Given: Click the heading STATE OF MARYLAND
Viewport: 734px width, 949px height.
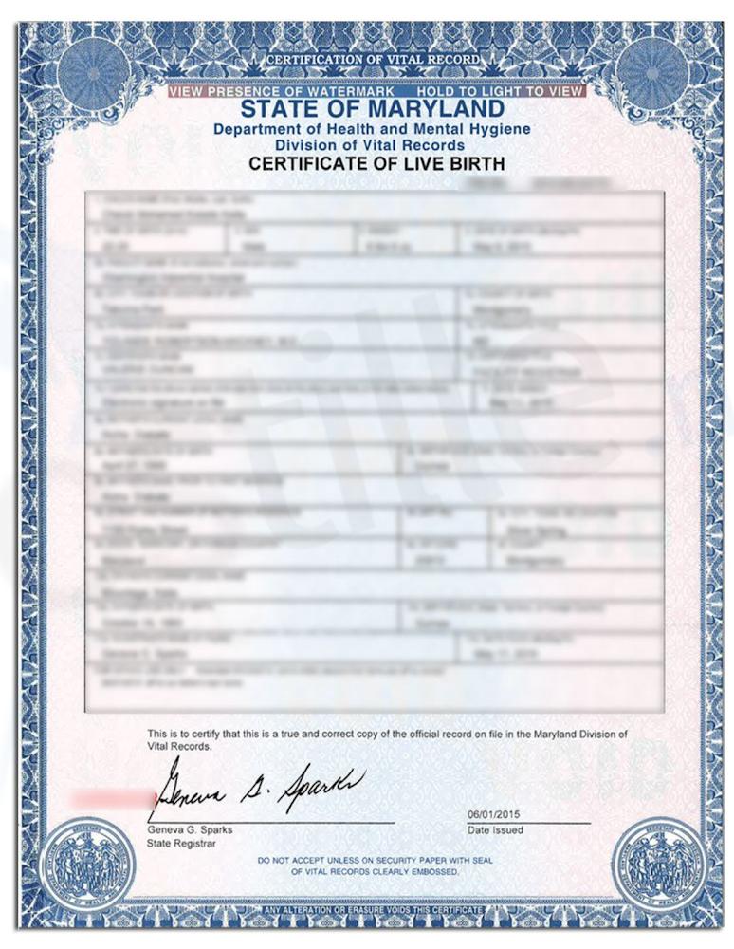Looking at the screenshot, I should click(371, 110).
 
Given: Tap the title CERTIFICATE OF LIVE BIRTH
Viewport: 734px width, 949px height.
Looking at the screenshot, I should click(376, 164).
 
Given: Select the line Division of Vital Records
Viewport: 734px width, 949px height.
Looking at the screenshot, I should click(370, 145).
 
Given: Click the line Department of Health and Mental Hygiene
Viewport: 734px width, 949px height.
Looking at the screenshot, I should click(372, 129).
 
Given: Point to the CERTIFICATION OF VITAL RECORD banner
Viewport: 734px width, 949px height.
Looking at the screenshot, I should click(372, 61).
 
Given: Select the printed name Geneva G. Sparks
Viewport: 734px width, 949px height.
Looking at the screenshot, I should click(190, 829).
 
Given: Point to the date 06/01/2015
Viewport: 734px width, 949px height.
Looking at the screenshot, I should click(494, 815).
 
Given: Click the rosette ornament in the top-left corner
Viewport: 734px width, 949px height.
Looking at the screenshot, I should click(93, 69).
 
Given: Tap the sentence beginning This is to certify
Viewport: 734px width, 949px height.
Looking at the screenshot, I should click(387, 740).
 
